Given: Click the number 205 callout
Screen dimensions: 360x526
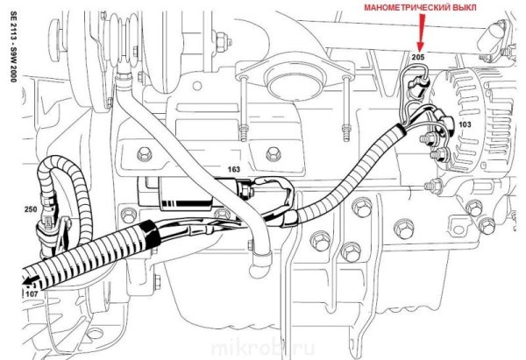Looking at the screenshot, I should point(417,57).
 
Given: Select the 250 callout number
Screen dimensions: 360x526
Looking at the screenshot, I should point(31,210).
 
